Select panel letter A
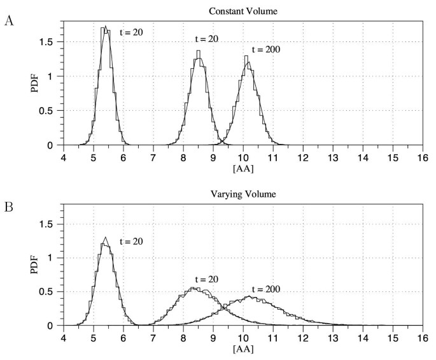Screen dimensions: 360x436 (8, 20)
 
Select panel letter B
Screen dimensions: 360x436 (8, 207)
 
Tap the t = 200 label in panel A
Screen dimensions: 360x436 (266, 49)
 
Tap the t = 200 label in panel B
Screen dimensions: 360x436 (266, 289)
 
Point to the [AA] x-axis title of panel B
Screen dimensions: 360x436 (243, 349)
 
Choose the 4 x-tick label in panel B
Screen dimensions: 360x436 (63, 336)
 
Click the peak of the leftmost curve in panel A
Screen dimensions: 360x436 (106, 27)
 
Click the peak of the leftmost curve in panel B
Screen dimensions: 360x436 (106, 238)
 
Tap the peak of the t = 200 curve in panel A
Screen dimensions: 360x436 (248, 62)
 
